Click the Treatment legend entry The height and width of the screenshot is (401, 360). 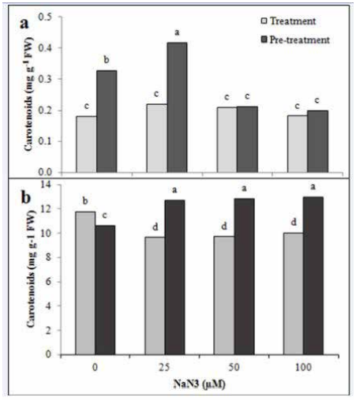288,21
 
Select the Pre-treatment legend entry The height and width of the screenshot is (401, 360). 295,39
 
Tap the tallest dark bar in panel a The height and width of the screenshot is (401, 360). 178,107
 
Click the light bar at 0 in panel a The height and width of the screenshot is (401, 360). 86,144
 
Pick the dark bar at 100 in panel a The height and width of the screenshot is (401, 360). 318,141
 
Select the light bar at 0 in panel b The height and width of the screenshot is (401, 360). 85,283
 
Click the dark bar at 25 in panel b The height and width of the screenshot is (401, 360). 175,277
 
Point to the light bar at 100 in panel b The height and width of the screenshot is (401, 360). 294,294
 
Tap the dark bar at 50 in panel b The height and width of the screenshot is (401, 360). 245,277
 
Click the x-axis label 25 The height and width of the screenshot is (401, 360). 164,367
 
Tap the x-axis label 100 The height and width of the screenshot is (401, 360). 303,367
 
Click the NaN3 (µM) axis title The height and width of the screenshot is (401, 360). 200,384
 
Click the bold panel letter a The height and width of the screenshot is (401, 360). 24,24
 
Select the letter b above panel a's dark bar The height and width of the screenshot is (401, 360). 107,60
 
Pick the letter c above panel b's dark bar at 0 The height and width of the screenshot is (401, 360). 104,215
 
